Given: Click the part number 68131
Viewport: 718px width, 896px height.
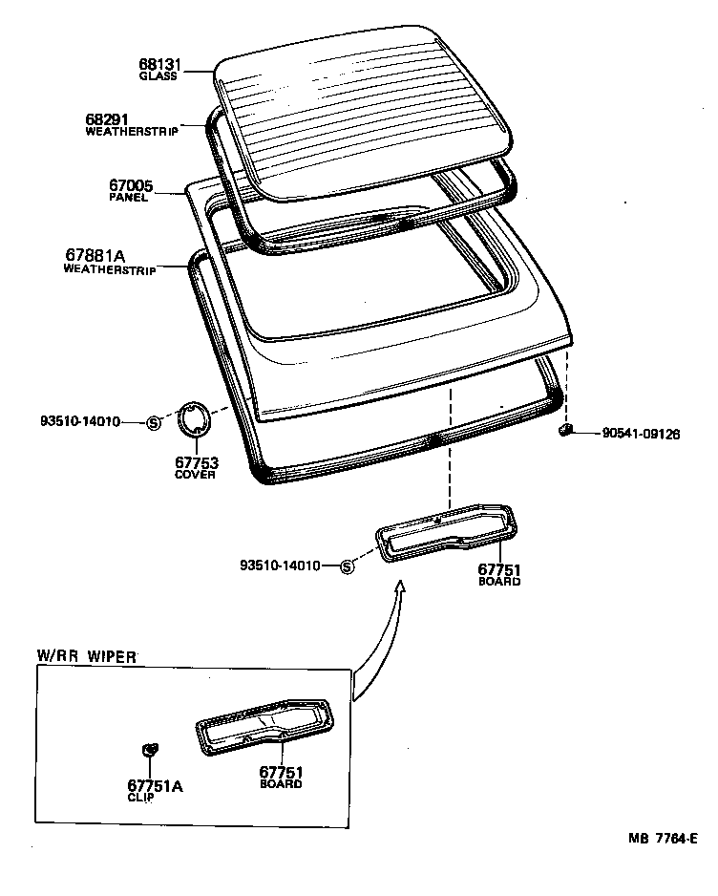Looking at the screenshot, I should pos(158,65).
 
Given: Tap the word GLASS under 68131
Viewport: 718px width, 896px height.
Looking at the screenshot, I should pos(158,76).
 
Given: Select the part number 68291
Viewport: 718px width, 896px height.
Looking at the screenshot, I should pos(107,119).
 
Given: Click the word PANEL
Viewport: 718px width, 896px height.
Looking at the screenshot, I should pos(129,198).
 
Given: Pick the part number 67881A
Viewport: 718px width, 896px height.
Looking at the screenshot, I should pos(95,255).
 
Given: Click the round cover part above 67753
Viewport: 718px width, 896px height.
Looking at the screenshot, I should pos(196,421).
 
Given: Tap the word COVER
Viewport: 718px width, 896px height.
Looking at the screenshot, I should pos(195,475).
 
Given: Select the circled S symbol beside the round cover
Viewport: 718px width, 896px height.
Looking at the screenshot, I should pos(153,422).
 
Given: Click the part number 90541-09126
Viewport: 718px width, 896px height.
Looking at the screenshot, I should pos(641,434).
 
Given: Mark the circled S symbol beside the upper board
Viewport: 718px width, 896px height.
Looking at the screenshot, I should pos(348,566).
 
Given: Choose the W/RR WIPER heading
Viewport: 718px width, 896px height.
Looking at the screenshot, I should pos(87,656).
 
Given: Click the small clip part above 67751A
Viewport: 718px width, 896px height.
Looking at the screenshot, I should pos(149,751).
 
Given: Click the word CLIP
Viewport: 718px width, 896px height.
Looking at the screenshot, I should pos(140,798).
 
